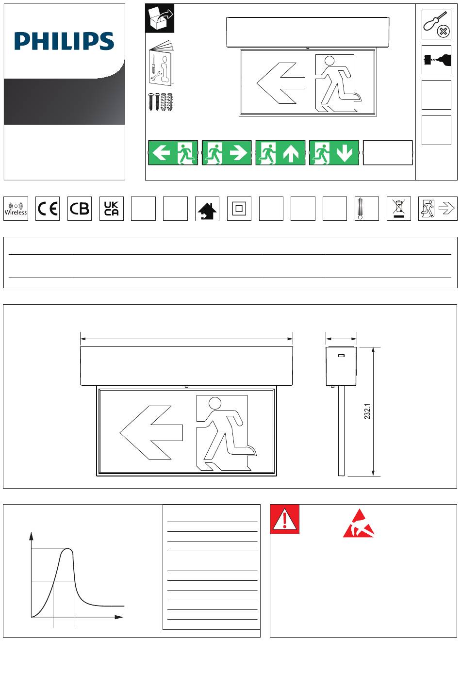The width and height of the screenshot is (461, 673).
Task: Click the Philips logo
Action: pyautogui.click(x=64, y=41)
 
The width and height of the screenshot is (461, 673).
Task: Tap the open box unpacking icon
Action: pyautogui.click(x=160, y=18)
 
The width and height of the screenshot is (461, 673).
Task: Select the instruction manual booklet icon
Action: pyautogui.click(x=162, y=62)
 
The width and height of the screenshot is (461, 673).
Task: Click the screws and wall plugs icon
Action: pyautogui.click(x=161, y=102)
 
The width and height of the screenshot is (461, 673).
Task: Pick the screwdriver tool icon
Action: pyautogui.click(x=436, y=24)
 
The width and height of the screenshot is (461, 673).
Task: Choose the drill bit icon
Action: pyautogui.click(x=436, y=60)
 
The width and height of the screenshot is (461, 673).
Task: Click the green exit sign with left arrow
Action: pyautogui.click(x=173, y=153)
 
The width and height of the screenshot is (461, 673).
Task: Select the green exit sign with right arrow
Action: pyautogui.click(x=227, y=153)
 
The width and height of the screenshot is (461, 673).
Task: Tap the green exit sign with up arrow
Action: pyautogui.click(x=280, y=153)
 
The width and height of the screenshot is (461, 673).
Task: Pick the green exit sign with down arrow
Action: pyautogui.click(x=334, y=153)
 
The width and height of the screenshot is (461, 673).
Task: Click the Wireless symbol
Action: pyautogui.click(x=16, y=209)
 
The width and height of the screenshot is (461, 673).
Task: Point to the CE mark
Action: pyautogui.click(x=48, y=209)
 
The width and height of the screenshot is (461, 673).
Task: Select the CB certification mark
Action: pyautogui.click(x=79, y=209)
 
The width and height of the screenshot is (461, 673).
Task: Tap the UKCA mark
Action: pyautogui.click(x=112, y=209)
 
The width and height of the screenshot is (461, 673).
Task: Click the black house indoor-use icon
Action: pyautogui.click(x=207, y=211)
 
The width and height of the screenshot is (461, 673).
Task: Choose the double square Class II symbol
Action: pyautogui.click(x=239, y=209)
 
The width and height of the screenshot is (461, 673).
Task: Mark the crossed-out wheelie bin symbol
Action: pyautogui.click(x=398, y=208)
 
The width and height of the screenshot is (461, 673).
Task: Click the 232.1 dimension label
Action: pyautogui.click(x=367, y=411)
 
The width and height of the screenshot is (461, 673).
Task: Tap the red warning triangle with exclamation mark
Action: pyautogui.click(x=284, y=519)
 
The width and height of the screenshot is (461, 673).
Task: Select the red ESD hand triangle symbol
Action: pyautogui.click(x=359, y=524)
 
